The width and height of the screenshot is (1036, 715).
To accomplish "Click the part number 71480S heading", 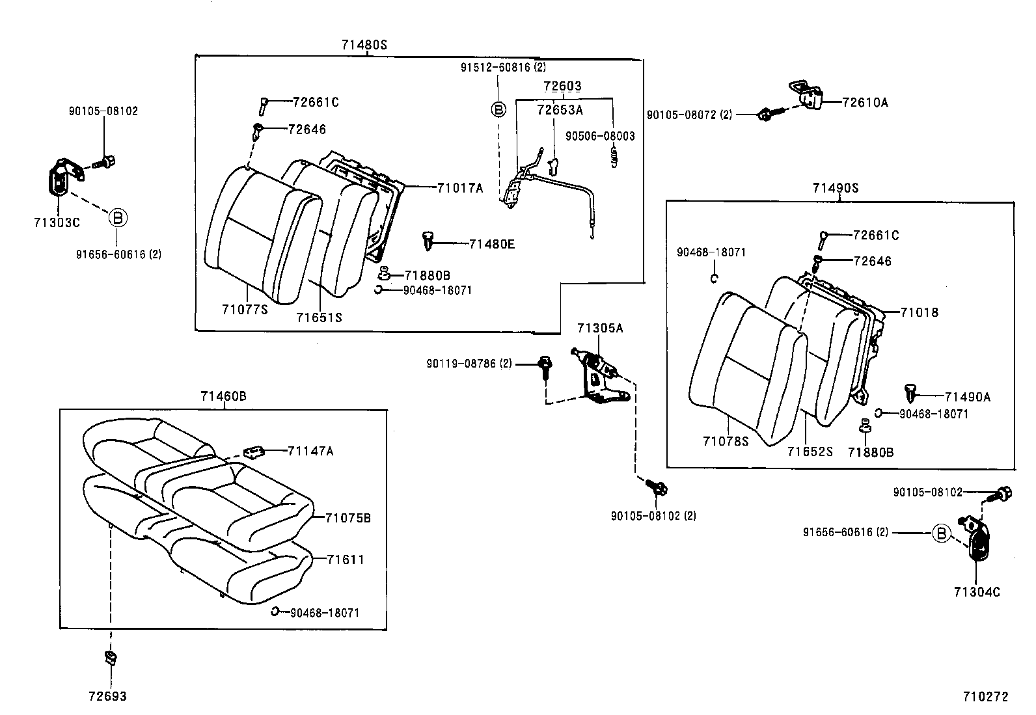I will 364,44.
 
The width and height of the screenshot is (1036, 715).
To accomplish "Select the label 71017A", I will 460,188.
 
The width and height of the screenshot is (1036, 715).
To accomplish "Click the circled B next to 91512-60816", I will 498,109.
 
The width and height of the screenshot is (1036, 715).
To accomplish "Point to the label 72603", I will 562,86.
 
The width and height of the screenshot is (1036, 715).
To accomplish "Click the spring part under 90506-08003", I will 612,157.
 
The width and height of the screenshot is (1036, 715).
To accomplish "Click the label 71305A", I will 599,329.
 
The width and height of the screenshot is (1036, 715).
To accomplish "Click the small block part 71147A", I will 254,451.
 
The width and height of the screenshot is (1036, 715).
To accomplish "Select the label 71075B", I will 348,518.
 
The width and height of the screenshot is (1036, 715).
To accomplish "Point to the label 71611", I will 346,560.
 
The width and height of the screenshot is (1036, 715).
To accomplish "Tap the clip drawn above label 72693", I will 110,658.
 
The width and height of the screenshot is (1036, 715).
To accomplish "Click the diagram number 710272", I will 985,697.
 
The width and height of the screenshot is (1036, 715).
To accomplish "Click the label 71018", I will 920,312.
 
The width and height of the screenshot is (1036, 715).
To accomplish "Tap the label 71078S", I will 726,441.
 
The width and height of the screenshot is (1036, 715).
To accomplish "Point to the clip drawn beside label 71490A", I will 911,393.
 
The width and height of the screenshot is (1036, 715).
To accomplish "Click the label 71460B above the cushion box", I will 223,396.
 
